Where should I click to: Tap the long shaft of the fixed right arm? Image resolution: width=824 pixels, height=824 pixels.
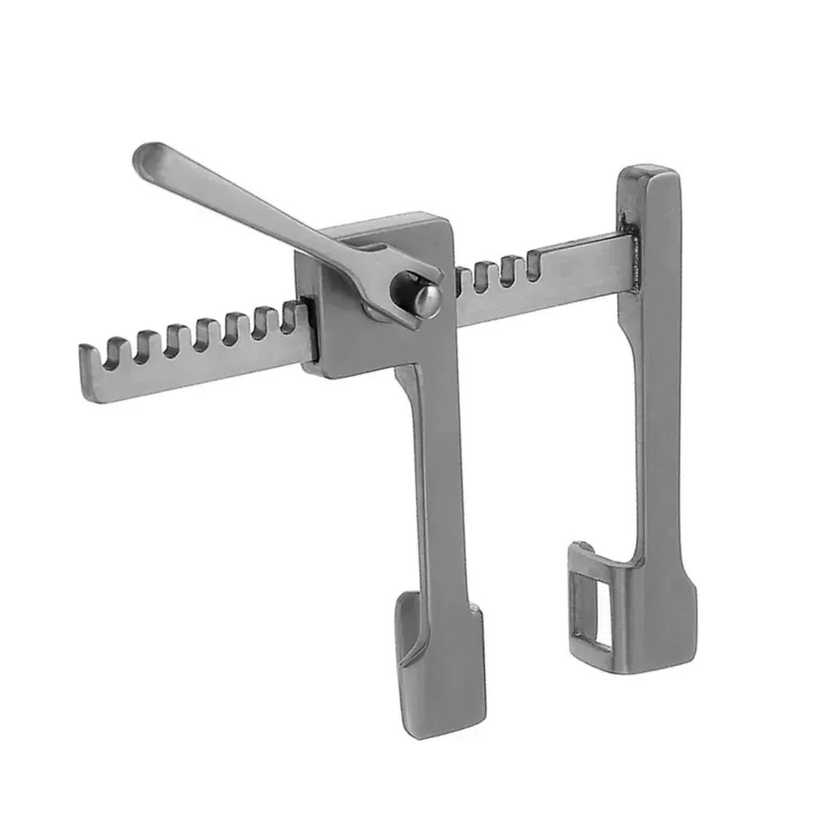pos(657,386)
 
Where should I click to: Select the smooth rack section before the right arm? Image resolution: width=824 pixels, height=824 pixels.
pos(584,266)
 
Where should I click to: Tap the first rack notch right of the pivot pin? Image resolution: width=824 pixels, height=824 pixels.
pos(463,280)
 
